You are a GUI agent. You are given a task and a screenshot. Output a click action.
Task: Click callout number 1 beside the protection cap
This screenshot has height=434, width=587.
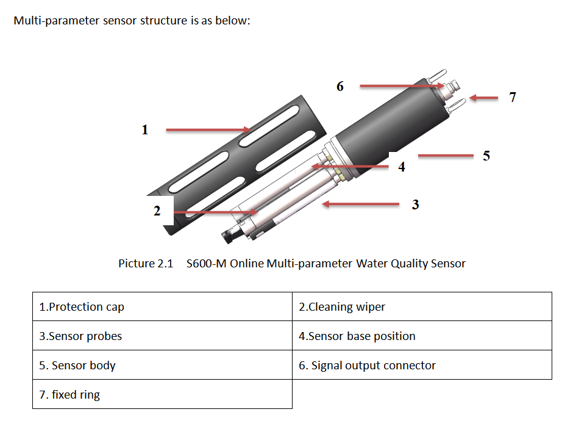click(144, 129)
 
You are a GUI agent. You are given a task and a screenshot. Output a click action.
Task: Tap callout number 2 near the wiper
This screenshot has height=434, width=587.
click(157, 211)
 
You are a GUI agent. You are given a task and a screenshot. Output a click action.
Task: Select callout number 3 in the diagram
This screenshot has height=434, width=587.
click(415, 204)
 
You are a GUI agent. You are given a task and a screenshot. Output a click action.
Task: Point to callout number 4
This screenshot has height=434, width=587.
click(401, 167)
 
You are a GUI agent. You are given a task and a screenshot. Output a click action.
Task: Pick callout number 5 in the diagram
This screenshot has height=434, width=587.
click(486, 156)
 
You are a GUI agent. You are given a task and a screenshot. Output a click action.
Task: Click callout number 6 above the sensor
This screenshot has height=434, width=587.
click(340, 86)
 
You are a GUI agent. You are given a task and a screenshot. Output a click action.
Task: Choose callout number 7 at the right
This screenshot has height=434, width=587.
click(513, 97)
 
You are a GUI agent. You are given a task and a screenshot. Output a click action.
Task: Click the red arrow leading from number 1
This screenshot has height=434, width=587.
click(207, 129)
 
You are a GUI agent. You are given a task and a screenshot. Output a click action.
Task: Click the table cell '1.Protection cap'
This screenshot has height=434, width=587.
click(162, 306)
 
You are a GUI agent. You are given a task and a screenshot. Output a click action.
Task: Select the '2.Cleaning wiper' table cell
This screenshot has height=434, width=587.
click(422, 306)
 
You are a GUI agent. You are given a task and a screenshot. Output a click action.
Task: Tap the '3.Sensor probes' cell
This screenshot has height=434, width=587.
click(162, 336)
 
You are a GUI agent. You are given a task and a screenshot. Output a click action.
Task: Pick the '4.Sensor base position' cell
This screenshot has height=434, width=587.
click(422, 336)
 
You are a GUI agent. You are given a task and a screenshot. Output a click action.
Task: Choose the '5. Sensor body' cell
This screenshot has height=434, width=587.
click(162, 365)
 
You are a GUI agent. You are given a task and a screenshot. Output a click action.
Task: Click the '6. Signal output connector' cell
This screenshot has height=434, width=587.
click(422, 365)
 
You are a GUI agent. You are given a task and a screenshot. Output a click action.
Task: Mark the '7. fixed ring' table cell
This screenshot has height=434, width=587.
click(162, 394)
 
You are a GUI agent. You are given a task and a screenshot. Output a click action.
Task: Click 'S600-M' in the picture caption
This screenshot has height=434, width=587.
click(205, 264)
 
